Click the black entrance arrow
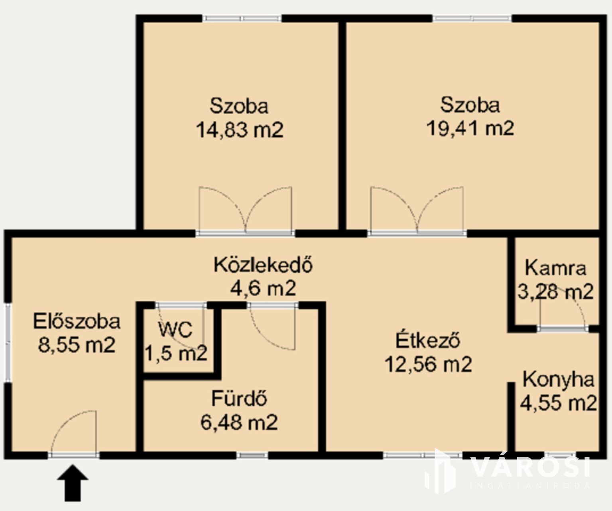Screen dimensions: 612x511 tap(73, 483)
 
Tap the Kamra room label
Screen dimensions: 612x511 tap(555, 268)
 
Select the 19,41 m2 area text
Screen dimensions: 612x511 tap(470, 128)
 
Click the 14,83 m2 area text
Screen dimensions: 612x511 tap(240, 130)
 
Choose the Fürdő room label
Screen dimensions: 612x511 tap(239, 398)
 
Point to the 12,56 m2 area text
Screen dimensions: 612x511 tap(428, 364)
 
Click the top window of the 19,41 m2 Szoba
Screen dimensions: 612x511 tap(472, 18)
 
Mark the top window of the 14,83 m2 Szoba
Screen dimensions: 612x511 tap(242, 18)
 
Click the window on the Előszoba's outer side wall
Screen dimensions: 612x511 tap(8, 342)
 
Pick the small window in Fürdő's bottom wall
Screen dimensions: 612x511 tap(252, 456)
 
